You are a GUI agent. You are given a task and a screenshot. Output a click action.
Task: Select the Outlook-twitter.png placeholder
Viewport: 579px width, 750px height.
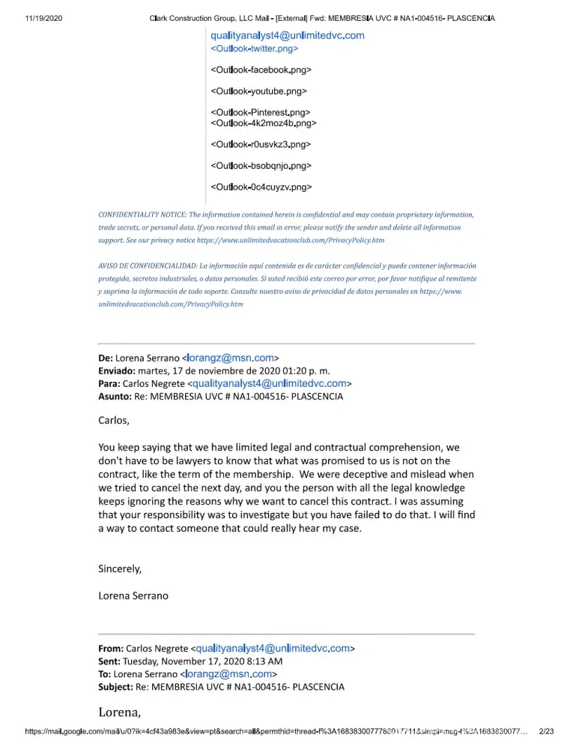tap(255, 48)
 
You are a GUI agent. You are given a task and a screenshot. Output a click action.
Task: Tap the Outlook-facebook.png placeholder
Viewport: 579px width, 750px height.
tap(261, 70)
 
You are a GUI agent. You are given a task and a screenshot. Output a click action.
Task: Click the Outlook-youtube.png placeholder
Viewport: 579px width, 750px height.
tap(259, 91)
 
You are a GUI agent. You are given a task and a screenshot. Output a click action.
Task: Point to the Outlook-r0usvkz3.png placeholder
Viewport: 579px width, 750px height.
tap(261, 144)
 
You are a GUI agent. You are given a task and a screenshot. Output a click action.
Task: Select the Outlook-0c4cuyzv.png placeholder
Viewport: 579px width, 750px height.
tap(261, 187)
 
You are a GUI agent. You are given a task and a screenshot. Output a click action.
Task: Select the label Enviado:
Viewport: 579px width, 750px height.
tap(117, 370)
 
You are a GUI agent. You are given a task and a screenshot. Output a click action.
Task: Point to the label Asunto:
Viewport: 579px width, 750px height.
tap(116, 396)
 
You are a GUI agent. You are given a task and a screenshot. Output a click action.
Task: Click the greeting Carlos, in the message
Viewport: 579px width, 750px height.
tap(114, 420)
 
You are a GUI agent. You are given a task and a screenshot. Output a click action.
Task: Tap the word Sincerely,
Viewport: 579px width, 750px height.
tap(120, 568)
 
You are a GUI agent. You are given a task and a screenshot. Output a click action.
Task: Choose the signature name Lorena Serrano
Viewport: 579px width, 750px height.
tap(133, 596)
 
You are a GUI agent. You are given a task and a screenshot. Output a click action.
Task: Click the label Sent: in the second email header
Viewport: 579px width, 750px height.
tap(111, 661)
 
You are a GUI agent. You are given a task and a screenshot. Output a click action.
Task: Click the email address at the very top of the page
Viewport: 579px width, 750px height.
tap(287, 35)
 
